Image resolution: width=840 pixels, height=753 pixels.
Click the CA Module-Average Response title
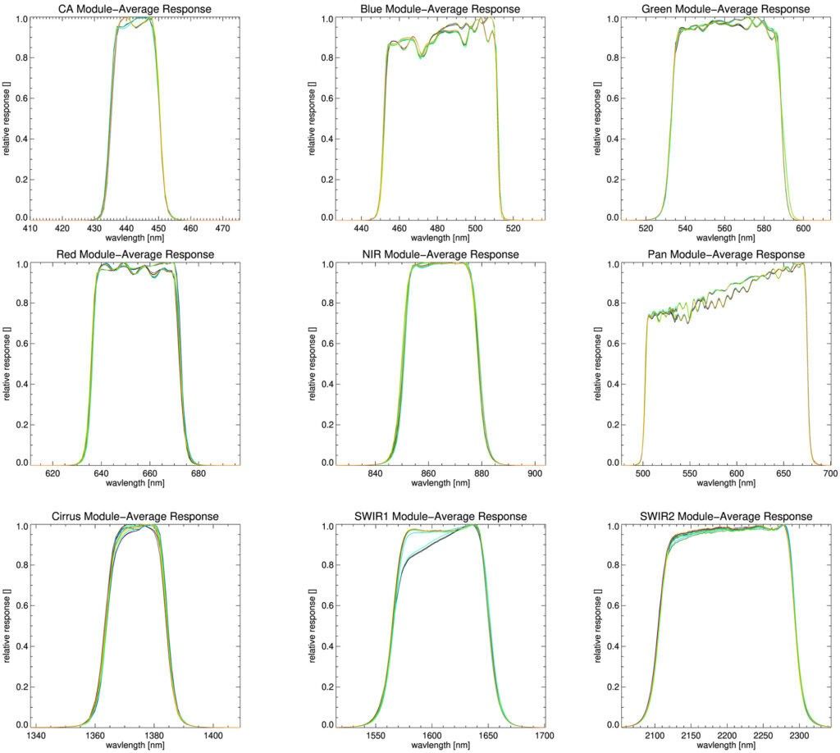coord(135,9)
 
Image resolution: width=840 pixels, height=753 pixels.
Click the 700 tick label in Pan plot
coord(829,474)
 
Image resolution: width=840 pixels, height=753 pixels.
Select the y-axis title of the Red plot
coord(7,362)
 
